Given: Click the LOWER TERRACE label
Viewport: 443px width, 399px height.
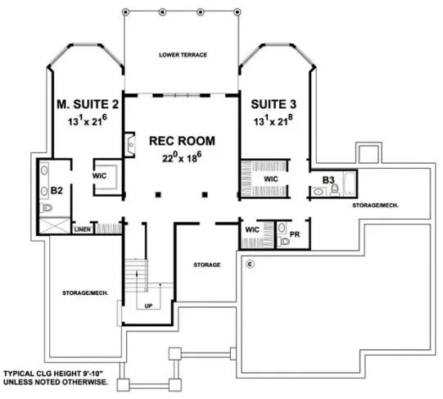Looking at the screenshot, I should point(183,55).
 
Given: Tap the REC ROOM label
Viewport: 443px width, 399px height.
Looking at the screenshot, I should point(181,140).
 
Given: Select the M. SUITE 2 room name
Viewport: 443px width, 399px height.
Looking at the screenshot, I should point(86,105).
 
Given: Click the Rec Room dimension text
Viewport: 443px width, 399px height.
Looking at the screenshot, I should point(182,156).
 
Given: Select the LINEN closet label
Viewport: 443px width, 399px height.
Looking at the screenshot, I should point(82,230).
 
